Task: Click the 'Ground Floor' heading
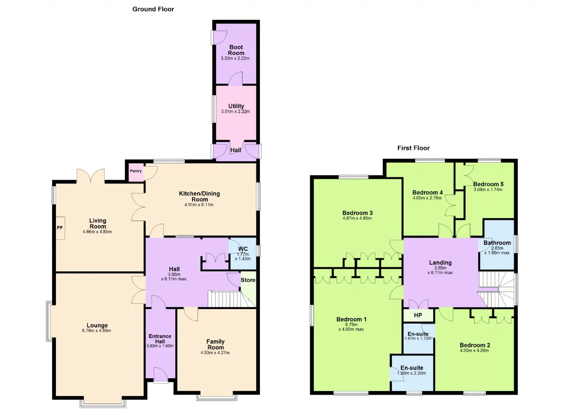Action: [x=153, y=9]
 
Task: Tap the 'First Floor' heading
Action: [x=413, y=148]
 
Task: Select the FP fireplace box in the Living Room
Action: [x=60, y=228]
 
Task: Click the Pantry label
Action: [x=136, y=171]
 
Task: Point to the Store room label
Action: [x=248, y=280]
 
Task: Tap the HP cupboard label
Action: [x=418, y=315]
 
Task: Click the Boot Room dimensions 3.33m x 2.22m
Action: [x=235, y=59]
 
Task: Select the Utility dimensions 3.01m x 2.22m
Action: [x=235, y=112]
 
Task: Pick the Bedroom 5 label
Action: [x=488, y=184]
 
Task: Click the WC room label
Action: [x=243, y=249]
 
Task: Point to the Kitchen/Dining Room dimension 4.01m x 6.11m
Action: [x=199, y=205]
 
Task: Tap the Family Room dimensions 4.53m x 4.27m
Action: [x=215, y=353]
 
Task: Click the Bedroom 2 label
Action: [x=475, y=345]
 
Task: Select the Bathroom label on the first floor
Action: [x=497, y=243]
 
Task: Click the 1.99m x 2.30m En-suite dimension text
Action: [x=412, y=373]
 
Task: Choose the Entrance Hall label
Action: [x=160, y=339]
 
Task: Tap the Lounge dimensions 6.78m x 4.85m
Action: [x=96, y=331]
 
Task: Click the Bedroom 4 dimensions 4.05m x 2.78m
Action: [x=427, y=198]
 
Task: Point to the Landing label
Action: [x=440, y=263]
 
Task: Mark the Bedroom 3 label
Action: [x=357, y=213]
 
